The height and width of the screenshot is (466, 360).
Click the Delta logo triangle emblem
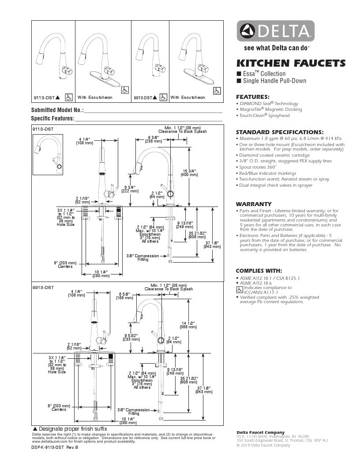(x=246, y=32)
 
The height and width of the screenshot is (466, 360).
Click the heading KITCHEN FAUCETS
(x=291, y=63)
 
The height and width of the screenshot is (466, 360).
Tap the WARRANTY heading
(x=254, y=204)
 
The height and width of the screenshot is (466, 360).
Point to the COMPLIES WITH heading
(x=259, y=271)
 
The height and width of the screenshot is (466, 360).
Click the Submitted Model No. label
(x=57, y=110)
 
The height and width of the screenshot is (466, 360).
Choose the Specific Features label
(x=52, y=119)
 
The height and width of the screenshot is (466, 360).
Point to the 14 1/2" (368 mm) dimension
(x=189, y=324)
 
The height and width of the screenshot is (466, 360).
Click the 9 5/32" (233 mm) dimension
(x=131, y=337)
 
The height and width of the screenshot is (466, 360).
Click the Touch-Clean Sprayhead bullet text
(x=265, y=116)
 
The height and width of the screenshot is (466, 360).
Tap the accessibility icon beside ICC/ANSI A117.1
(x=240, y=290)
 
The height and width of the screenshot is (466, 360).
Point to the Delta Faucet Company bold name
(x=260, y=432)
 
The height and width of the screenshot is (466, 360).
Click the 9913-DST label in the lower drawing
(x=43, y=287)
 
